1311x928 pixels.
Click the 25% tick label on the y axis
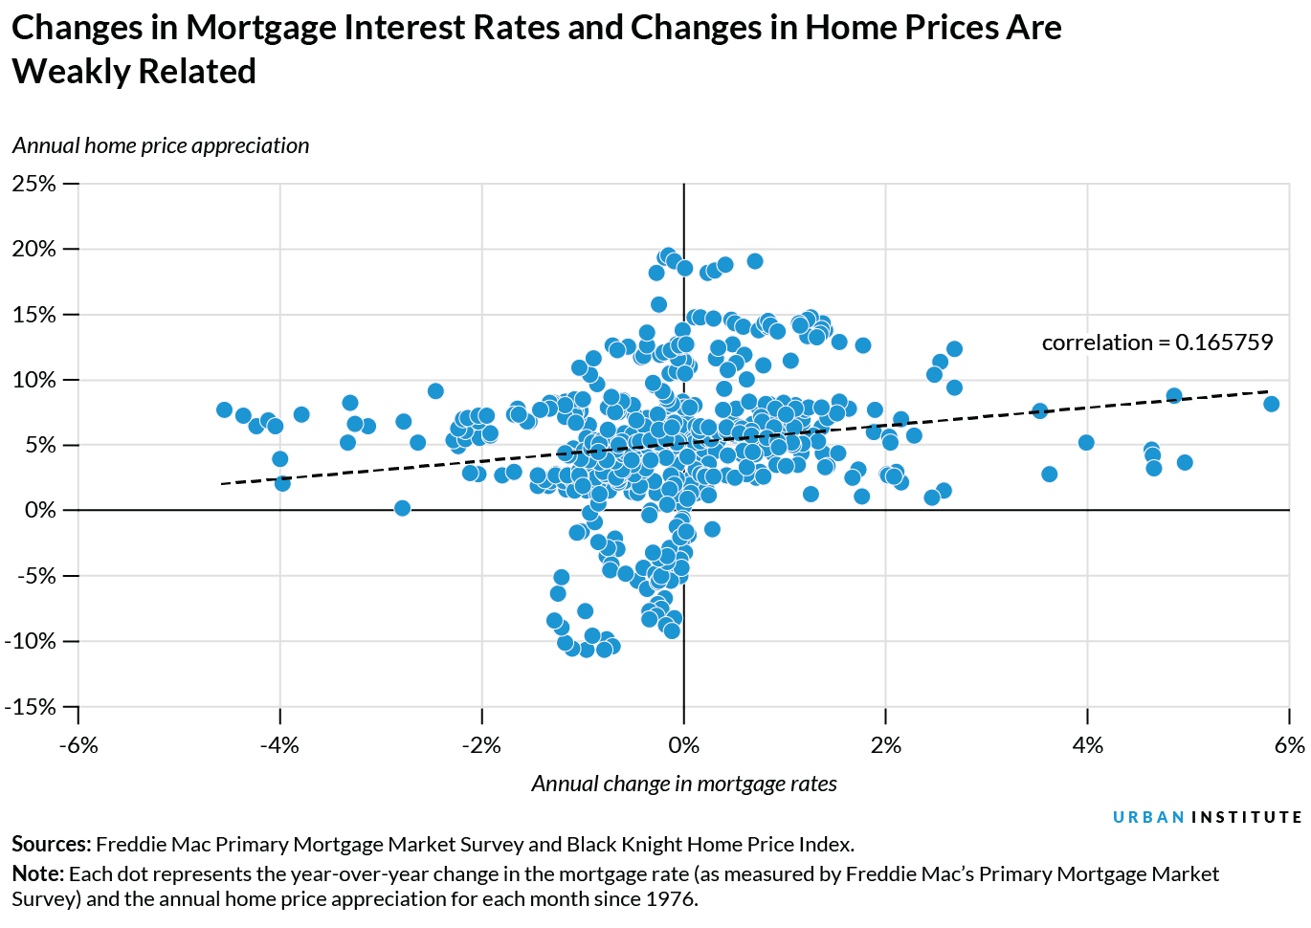[x=34, y=184]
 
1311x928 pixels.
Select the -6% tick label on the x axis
[x=78, y=745]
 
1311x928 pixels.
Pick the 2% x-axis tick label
[x=886, y=745]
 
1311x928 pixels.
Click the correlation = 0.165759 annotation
[x=1157, y=342]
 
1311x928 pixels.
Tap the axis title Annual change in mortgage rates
[x=683, y=784]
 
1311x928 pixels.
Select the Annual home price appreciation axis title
[x=161, y=145]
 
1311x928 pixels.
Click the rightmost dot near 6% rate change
[x=1271, y=404]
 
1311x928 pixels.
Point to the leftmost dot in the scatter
[x=224, y=409]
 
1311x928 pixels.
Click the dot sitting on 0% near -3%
[x=402, y=508]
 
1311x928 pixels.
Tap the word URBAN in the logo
[x=1148, y=817]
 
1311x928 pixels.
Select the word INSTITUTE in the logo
[x=1246, y=817]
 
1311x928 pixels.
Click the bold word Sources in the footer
[x=50, y=845]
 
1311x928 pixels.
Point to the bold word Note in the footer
[x=36, y=874]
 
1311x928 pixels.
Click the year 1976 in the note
[x=670, y=899]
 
